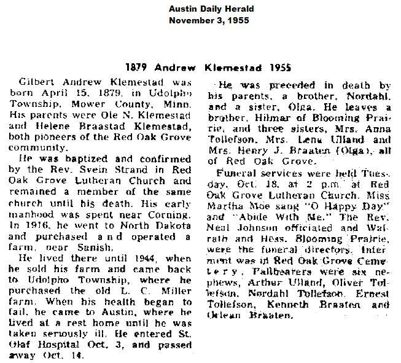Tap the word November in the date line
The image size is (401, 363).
[187, 20]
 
